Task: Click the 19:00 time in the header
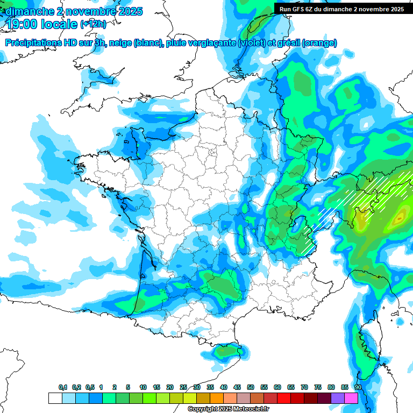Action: (x=23, y=24)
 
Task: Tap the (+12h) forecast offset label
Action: (x=93, y=24)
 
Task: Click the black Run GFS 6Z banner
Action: (x=341, y=9)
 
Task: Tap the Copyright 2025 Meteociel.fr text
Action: (x=228, y=409)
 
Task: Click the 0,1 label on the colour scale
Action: (x=63, y=387)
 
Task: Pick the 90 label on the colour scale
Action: (x=358, y=387)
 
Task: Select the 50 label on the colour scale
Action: (x=250, y=387)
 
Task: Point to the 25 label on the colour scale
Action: (x=183, y=387)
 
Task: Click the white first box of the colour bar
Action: (x=55, y=398)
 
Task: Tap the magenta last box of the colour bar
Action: (x=351, y=398)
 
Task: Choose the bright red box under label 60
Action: (x=284, y=398)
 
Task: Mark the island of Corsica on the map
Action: (x=368, y=344)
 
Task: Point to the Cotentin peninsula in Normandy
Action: (x=131, y=141)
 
